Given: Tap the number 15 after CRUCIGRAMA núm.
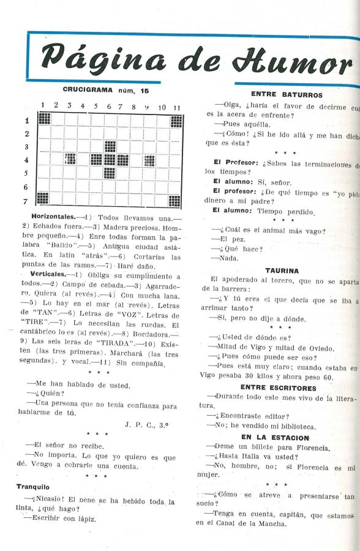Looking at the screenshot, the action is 144,90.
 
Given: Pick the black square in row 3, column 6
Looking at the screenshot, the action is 110,146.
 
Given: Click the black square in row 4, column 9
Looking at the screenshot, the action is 149,160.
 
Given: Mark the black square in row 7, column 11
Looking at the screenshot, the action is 175,200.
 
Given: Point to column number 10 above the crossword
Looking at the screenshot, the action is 162,107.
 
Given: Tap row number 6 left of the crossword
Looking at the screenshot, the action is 26,187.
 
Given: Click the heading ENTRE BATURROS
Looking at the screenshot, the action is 287,95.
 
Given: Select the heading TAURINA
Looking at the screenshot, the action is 282,270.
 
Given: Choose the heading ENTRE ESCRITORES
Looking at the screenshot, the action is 278,388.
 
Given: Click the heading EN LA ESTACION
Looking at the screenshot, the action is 275,438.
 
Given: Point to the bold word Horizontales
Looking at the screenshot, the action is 53,217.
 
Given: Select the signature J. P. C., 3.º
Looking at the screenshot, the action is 150,424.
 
